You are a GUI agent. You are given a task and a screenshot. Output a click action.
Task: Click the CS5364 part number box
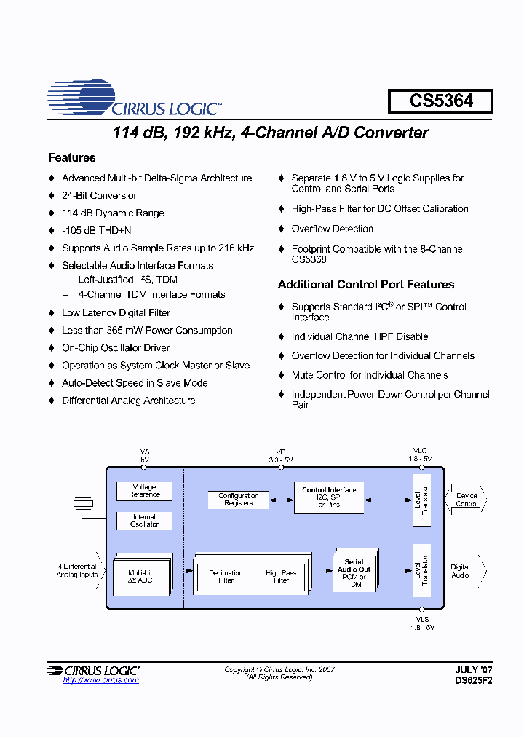[440, 101]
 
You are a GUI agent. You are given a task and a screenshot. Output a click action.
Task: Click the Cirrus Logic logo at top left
[135, 99]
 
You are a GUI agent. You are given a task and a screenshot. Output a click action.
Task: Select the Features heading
[71, 158]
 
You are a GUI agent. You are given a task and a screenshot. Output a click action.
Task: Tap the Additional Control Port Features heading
[366, 285]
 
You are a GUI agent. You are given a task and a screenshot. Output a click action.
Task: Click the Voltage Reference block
[144, 491]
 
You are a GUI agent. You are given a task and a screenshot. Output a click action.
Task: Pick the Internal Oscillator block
[144, 521]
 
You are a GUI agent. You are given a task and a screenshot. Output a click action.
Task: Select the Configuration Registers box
[238, 500]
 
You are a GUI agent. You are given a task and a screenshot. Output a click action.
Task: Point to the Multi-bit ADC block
[140, 576]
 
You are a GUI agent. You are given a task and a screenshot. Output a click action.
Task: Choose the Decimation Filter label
[226, 577]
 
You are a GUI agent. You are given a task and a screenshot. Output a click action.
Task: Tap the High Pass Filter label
[281, 577]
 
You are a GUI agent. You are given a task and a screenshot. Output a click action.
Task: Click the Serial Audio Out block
[354, 572]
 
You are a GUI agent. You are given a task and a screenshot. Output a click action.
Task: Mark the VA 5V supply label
[144, 456]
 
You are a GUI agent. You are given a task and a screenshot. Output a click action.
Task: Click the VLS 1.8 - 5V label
[421, 623]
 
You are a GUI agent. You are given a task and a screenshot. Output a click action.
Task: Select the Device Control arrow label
[467, 500]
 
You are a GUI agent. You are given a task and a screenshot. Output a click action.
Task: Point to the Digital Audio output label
[460, 571]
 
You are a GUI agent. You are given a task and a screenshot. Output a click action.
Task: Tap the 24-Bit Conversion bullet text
[100, 196]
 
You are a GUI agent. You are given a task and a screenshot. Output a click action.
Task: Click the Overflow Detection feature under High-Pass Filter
[333, 229]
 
